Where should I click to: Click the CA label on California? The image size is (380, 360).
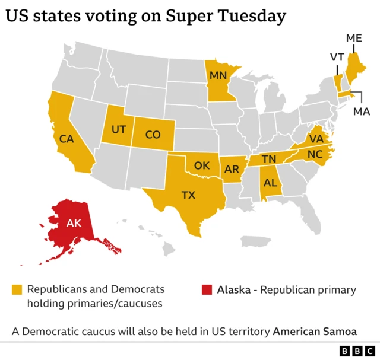pyautogui.click(x=67, y=139)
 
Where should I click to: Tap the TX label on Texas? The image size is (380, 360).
pyautogui.click(x=188, y=195)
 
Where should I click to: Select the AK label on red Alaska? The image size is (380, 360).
pyautogui.click(x=74, y=224)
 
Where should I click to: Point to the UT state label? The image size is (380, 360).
pyautogui.click(x=119, y=129)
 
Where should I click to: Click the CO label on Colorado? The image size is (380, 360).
pyautogui.click(x=153, y=135)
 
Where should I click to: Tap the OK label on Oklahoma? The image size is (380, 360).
pyautogui.click(x=202, y=165)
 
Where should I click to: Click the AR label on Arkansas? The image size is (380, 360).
pyautogui.click(x=233, y=168)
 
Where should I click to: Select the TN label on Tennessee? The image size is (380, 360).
pyautogui.click(x=270, y=158)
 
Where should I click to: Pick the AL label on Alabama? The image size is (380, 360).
pyautogui.click(x=270, y=183)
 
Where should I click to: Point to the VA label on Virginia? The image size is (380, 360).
pyautogui.click(x=315, y=139)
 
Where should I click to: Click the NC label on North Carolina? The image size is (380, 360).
pyautogui.click(x=315, y=154)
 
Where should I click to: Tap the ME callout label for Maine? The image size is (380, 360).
pyautogui.click(x=354, y=38)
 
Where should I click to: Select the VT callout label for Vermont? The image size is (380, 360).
pyautogui.click(x=337, y=57)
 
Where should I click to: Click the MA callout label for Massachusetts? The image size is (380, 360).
pyautogui.click(x=361, y=111)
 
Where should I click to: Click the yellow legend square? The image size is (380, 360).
pyautogui.click(x=17, y=290)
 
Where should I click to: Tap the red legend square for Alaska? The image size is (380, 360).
pyautogui.click(x=206, y=290)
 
